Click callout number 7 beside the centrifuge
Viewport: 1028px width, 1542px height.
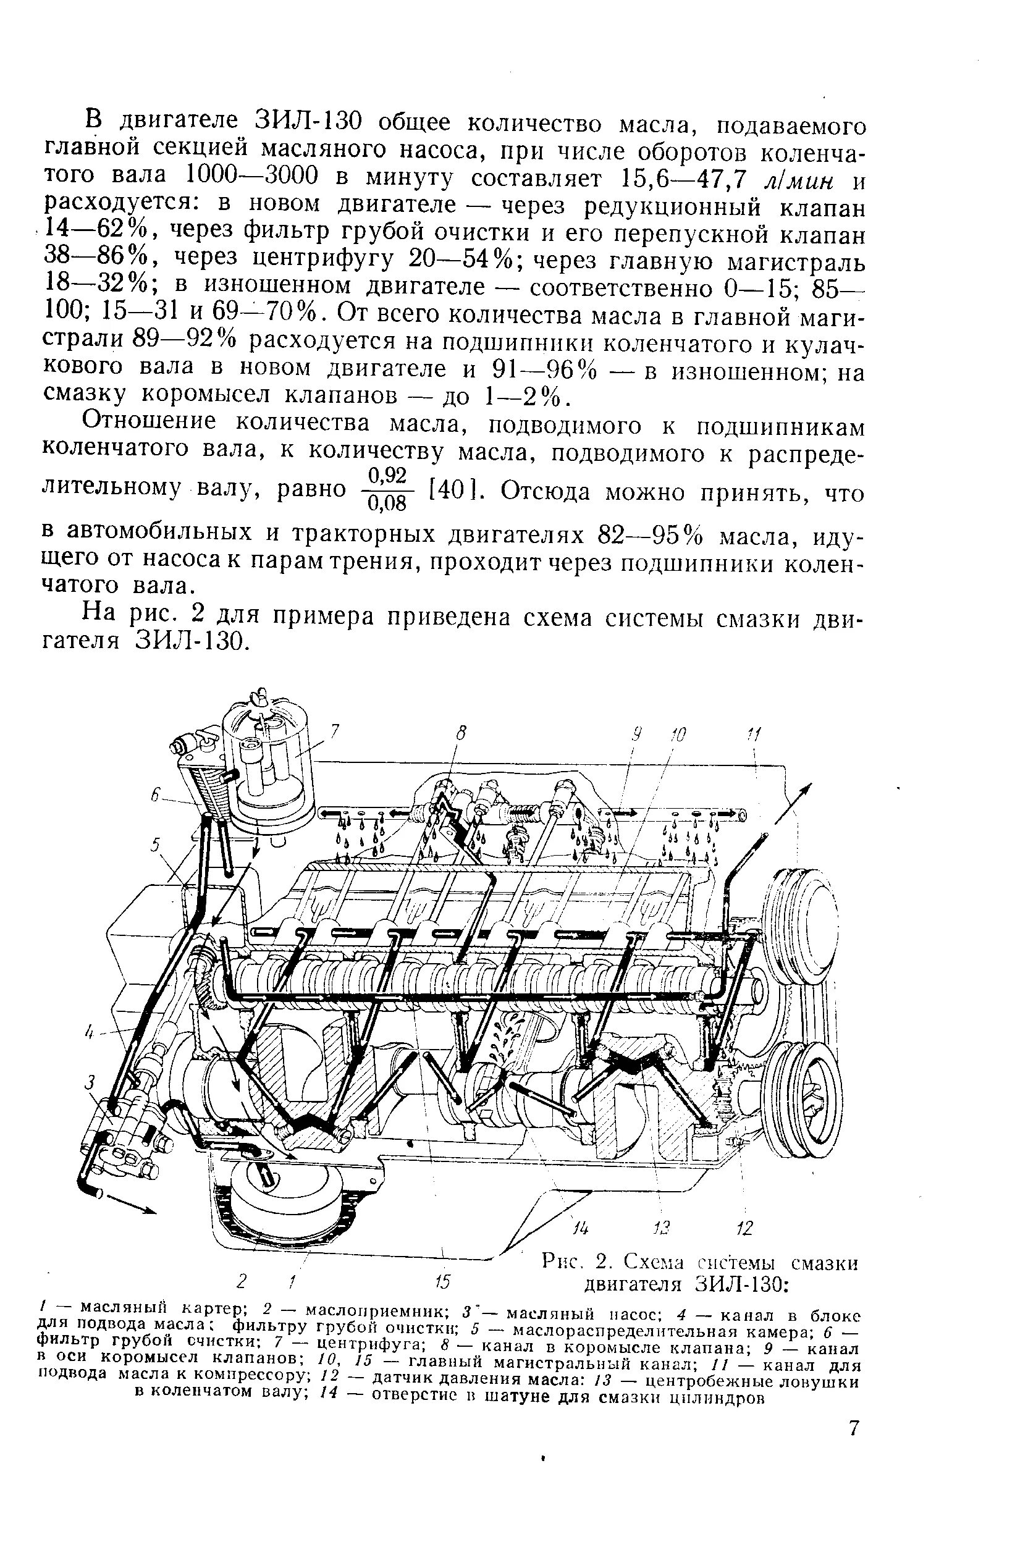click(x=334, y=730)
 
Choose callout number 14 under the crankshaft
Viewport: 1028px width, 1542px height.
click(x=580, y=1228)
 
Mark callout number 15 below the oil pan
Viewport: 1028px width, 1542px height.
click(x=442, y=1281)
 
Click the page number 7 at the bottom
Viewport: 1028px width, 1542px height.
click(x=853, y=1428)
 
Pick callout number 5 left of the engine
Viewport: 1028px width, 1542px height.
click(x=156, y=846)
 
